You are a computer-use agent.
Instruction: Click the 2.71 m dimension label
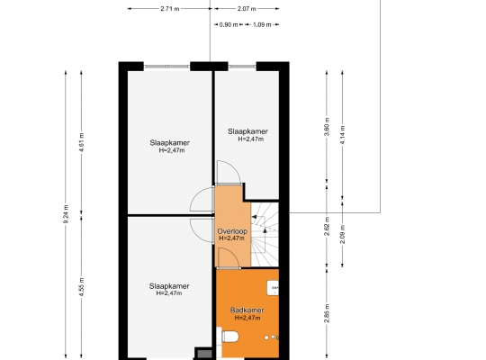170,9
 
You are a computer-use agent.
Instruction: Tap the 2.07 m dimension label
247,9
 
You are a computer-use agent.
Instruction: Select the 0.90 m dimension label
229,24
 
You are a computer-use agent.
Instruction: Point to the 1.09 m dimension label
262,24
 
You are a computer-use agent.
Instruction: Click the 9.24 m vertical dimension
66,214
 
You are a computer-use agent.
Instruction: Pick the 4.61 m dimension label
82,142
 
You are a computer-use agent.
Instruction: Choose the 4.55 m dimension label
82,287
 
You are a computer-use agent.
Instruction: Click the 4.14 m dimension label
343,135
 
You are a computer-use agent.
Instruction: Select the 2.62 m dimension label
327,227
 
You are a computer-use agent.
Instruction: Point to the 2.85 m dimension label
327,313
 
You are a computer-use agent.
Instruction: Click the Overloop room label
232,231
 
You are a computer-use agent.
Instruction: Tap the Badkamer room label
247,310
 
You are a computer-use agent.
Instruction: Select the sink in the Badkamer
273,288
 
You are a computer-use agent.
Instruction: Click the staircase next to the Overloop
265,234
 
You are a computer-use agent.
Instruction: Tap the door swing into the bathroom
229,257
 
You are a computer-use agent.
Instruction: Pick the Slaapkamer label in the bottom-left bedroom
169,286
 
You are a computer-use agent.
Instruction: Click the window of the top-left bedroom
166,67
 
